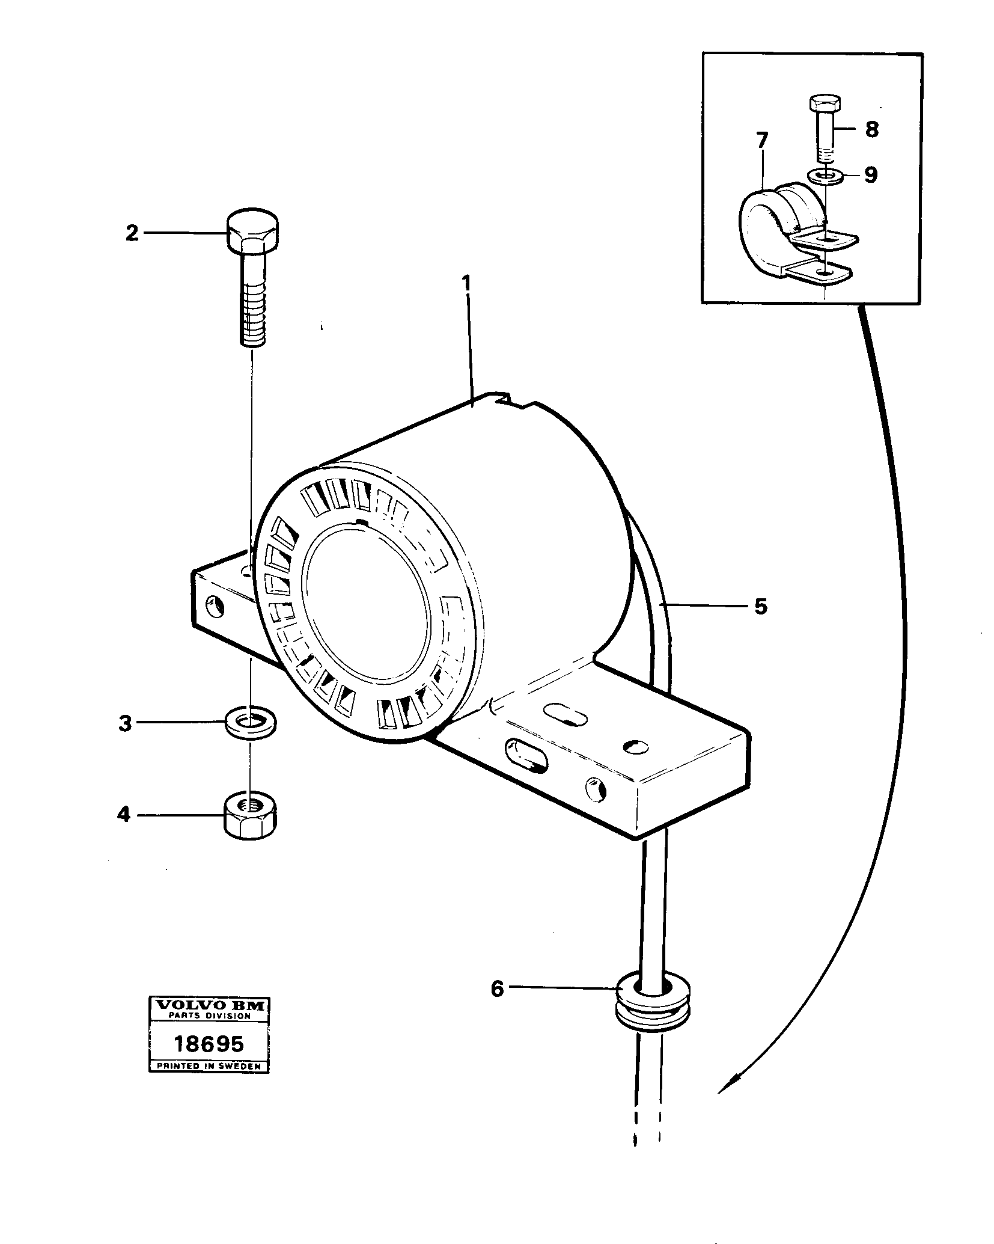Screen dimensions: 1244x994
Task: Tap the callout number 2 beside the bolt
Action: pyautogui.click(x=132, y=233)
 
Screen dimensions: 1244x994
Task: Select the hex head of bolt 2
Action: pyautogui.click(x=252, y=233)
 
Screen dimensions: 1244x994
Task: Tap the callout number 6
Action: pyautogui.click(x=497, y=988)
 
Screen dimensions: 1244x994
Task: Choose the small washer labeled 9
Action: pyautogui.click(x=826, y=176)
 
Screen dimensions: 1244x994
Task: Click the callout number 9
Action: pyautogui.click(x=871, y=176)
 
